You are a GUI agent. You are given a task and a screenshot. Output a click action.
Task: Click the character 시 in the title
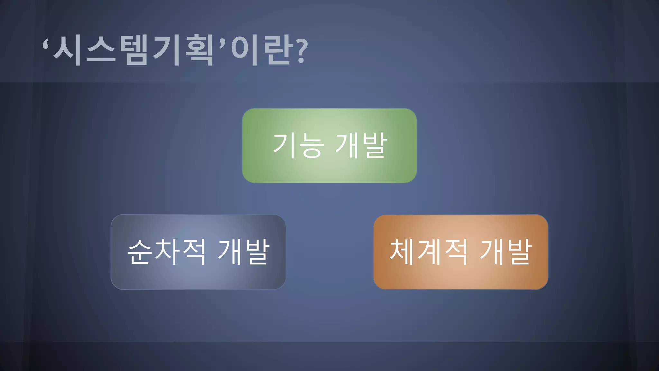pyautogui.click(x=67, y=51)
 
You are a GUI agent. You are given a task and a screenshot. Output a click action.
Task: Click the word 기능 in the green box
pyautogui.click(x=298, y=146)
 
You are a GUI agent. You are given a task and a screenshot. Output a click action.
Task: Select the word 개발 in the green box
pyautogui.click(x=361, y=146)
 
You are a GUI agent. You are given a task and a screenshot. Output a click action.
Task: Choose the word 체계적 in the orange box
pyautogui.click(x=428, y=252)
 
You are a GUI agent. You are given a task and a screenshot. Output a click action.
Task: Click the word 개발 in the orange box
pyautogui.click(x=506, y=252)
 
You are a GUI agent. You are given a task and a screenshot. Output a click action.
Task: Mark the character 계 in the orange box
pyautogui.click(x=428, y=252)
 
